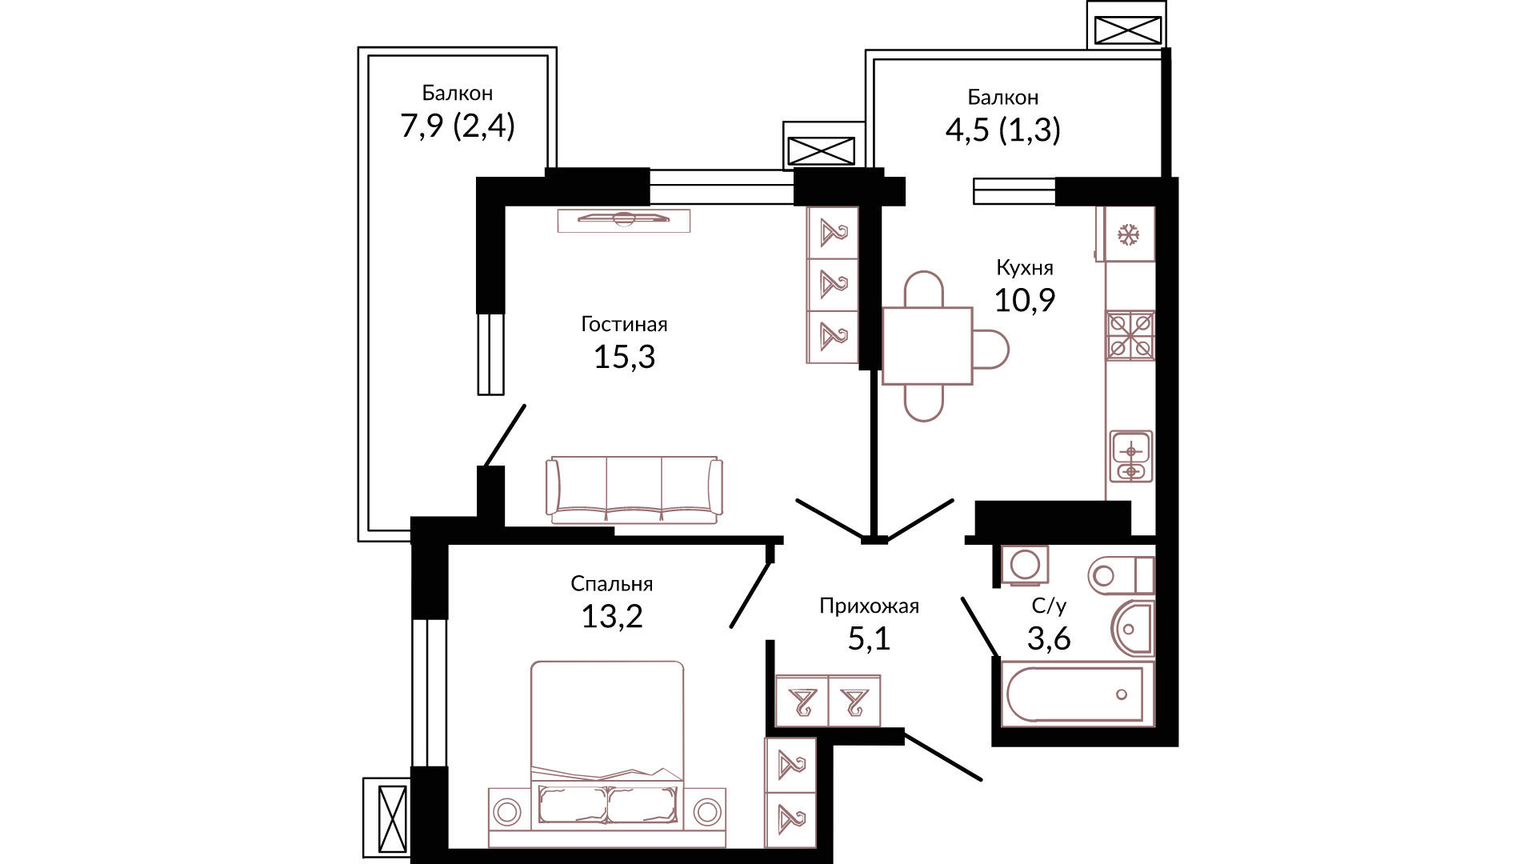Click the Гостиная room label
(x=624, y=324)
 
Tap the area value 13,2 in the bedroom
(x=612, y=616)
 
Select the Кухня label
(x=1025, y=267)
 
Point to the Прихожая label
(x=869, y=606)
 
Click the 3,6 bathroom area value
(x=1049, y=638)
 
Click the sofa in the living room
(x=634, y=490)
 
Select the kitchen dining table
(x=927, y=346)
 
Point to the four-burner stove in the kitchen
(x=1130, y=336)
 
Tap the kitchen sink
(x=1131, y=457)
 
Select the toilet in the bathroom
(x=1121, y=574)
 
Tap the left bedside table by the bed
(x=508, y=811)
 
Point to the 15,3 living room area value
(x=624, y=357)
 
